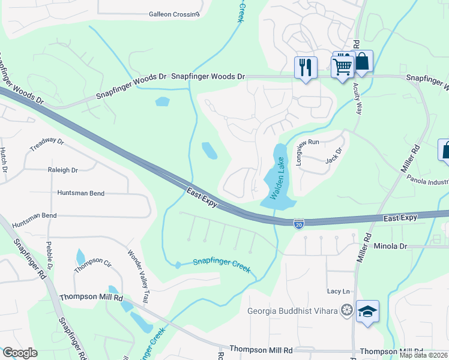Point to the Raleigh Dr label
tap(63, 170)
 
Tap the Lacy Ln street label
tap(338, 292)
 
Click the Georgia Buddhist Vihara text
tap(292, 311)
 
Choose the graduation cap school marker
tap(367, 311)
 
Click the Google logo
tap(20, 353)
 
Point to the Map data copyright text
tap(423, 355)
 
